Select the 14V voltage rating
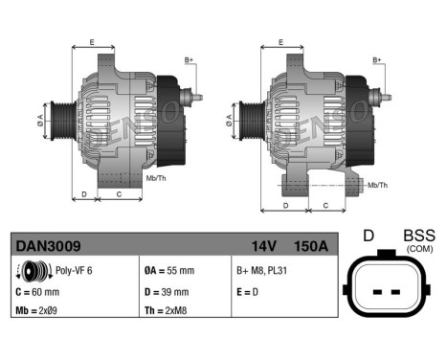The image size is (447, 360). (x=265, y=246)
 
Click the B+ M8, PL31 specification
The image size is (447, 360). (x=263, y=271)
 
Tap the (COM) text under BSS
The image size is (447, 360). (x=419, y=249)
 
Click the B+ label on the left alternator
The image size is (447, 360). (x=189, y=60)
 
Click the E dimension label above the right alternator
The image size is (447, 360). (x=280, y=42)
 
